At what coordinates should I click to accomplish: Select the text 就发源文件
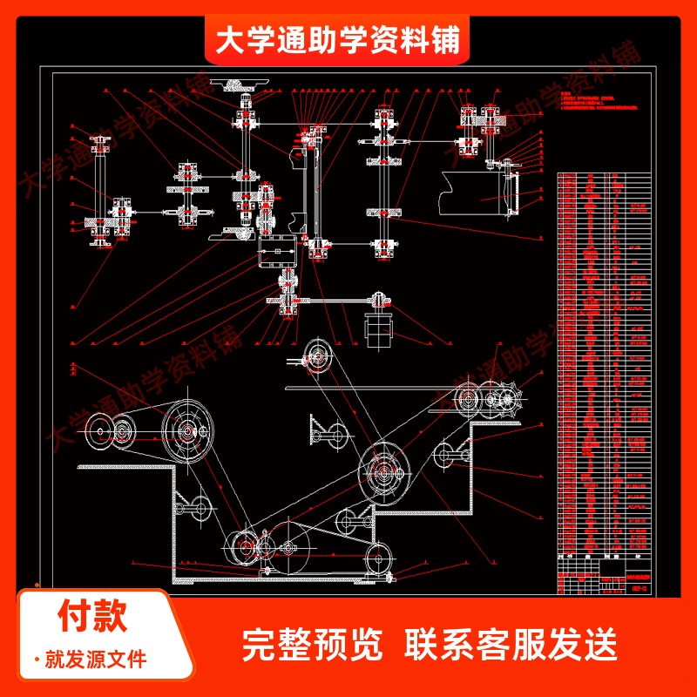click(96, 659)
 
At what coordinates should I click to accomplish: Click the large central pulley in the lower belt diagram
click(384, 470)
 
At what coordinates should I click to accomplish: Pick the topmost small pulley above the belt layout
click(315, 356)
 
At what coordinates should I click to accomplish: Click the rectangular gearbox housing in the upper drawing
click(277, 254)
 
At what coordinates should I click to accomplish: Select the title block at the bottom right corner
click(603, 579)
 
